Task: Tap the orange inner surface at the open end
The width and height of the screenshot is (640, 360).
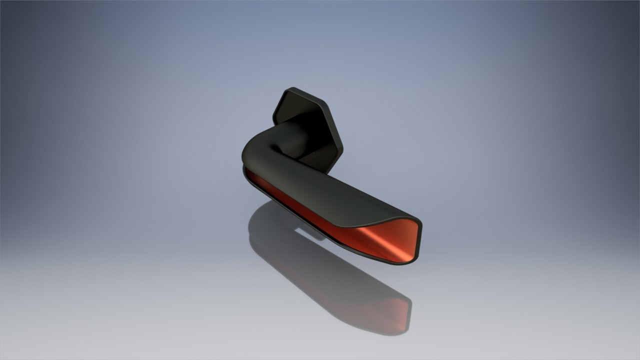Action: pos(395,240)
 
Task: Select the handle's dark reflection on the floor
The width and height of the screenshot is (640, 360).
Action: pos(310,270)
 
